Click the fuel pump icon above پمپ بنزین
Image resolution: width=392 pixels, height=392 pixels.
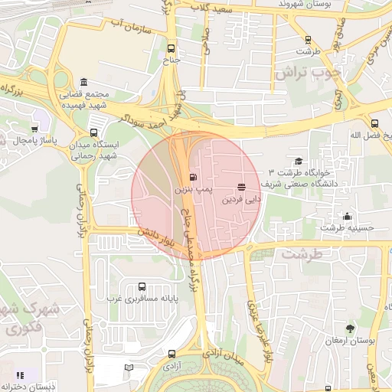pyautogui.click(x=181, y=175)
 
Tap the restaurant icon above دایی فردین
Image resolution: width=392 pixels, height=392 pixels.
pyautogui.click(x=242, y=187)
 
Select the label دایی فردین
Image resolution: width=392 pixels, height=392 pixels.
pyautogui.click(x=242, y=198)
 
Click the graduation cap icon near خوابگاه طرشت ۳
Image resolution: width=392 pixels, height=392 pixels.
pyautogui.click(x=298, y=161)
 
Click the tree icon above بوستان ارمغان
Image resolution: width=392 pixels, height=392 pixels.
pyautogui.click(x=350, y=328)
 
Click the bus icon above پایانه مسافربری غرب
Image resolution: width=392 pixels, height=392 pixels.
pyautogui.click(x=142, y=286)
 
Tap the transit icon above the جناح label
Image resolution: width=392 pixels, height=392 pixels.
pyautogui.click(x=171, y=47)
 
